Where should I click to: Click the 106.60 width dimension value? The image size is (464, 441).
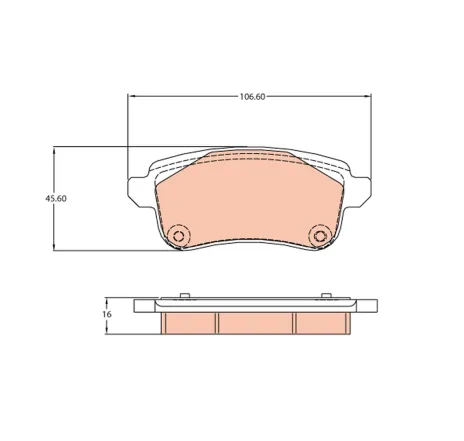tap(252, 97)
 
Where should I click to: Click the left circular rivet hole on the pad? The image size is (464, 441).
tap(180, 236)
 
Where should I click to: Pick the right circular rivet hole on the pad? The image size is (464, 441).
tap(321, 236)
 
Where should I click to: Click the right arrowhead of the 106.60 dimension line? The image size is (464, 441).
tap(370, 97)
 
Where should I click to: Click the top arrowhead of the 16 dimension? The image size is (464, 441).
tap(107, 300)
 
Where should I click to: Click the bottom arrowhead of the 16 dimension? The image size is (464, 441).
tap(107, 329)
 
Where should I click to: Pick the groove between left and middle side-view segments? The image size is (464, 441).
tap(218, 323)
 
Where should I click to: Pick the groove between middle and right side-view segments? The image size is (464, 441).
tap(294, 323)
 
